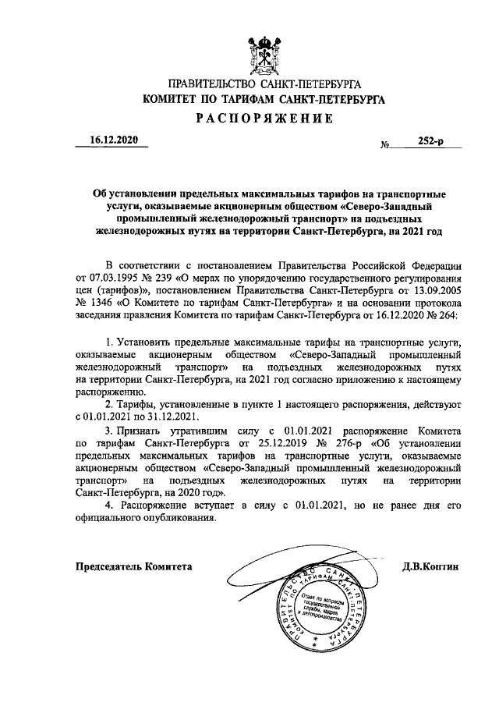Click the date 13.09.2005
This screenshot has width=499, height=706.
[x=434, y=289]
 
